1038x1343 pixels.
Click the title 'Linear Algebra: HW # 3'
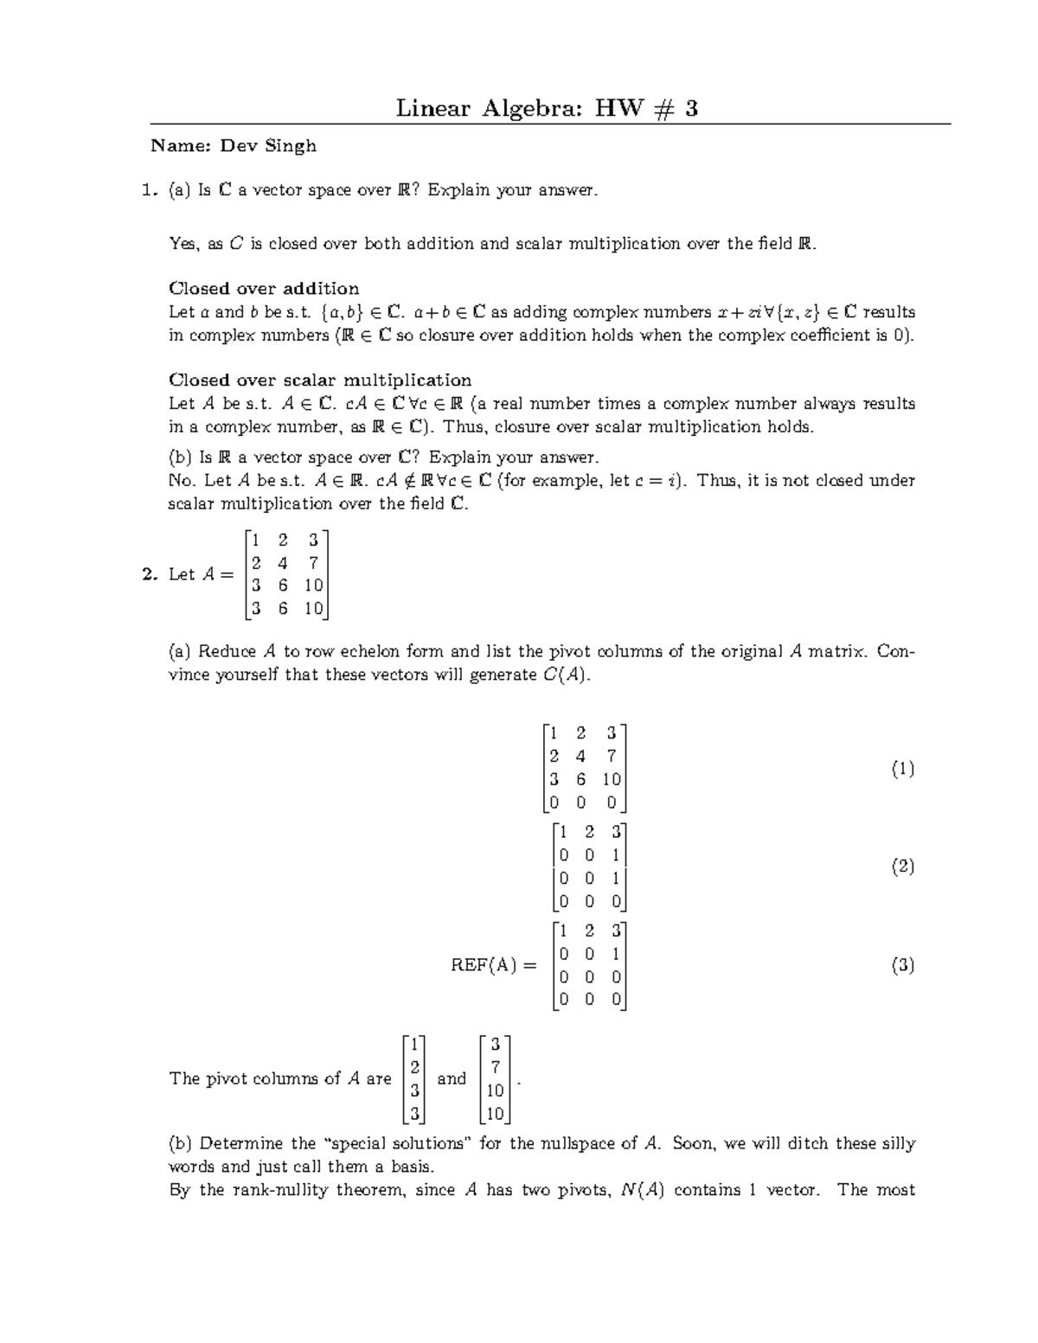point(547,108)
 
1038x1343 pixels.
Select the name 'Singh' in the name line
point(291,146)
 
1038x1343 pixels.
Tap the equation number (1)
point(902,768)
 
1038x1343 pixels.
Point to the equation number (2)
point(902,867)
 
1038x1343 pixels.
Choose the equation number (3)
point(902,965)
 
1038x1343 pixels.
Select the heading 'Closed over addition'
point(264,289)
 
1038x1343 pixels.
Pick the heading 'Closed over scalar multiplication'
point(320,381)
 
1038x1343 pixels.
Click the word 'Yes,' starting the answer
point(185,245)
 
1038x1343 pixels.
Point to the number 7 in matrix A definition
point(313,563)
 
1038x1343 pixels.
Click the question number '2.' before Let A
point(150,574)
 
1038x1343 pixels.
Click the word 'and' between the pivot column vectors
point(452,1078)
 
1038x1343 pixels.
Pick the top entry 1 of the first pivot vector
point(415,1044)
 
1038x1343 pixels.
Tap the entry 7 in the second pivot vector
point(495,1067)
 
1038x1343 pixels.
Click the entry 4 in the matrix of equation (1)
point(580,756)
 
